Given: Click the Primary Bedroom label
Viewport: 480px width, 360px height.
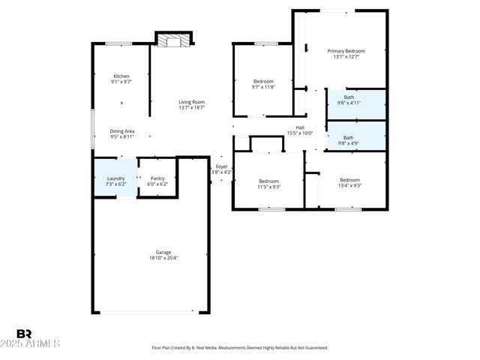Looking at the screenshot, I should click(x=346, y=51).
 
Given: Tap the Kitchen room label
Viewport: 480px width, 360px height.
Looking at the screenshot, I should click(x=121, y=76).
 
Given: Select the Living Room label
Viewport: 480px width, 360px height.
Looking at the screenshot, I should click(x=191, y=102).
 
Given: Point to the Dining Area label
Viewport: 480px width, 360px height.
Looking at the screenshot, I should click(x=122, y=131).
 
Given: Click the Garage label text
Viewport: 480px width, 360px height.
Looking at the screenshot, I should click(x=163, y=252).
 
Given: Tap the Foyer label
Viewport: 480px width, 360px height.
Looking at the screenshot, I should click(x=222, y=166).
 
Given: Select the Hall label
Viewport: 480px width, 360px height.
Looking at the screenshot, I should click(x=300, y=127).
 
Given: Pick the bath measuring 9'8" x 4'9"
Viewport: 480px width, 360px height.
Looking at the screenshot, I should click(x=349, y=138).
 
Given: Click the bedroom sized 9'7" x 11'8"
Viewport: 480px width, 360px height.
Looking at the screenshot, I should click(x=263, y=81).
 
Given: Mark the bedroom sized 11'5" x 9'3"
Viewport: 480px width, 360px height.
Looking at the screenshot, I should click(x=269, y=181).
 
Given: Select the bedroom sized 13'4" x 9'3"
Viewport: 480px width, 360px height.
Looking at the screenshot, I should click(x=349, y=180).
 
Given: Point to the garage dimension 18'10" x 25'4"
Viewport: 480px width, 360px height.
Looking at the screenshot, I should click(x=163, y=258).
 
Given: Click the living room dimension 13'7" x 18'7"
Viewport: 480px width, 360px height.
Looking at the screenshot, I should click(x=191, y=108).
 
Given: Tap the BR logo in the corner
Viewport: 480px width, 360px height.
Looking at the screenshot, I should click(x=25, y=334).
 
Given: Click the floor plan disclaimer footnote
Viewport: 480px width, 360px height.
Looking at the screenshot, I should click(x=240, y=348).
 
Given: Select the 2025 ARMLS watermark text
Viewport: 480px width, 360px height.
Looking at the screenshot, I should click(x=37, y=343).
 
